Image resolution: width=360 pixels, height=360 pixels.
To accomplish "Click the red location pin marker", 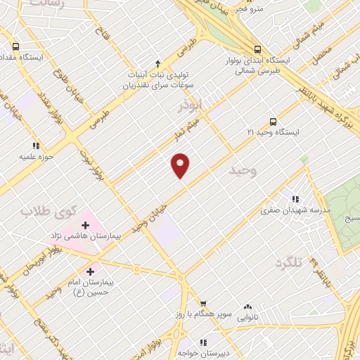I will coord(181,165).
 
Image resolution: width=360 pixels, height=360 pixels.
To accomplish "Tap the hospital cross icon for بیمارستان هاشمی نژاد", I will coord(86,226).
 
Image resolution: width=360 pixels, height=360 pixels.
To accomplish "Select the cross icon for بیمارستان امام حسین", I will coord(91,271).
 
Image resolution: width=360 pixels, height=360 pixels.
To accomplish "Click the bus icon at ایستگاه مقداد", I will coord(15,46).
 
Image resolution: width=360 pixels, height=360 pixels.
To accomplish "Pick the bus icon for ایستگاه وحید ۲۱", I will coord(274,121).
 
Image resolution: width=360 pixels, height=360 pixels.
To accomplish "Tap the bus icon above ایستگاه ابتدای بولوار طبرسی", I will coord(259,49).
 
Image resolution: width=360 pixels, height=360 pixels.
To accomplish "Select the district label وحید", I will coord(243,170).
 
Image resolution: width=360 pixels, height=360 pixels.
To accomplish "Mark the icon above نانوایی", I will coord(247,307).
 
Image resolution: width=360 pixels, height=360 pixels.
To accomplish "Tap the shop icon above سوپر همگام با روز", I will coord(202,304).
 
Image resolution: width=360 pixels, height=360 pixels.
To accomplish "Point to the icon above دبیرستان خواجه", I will coord(202,342).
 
